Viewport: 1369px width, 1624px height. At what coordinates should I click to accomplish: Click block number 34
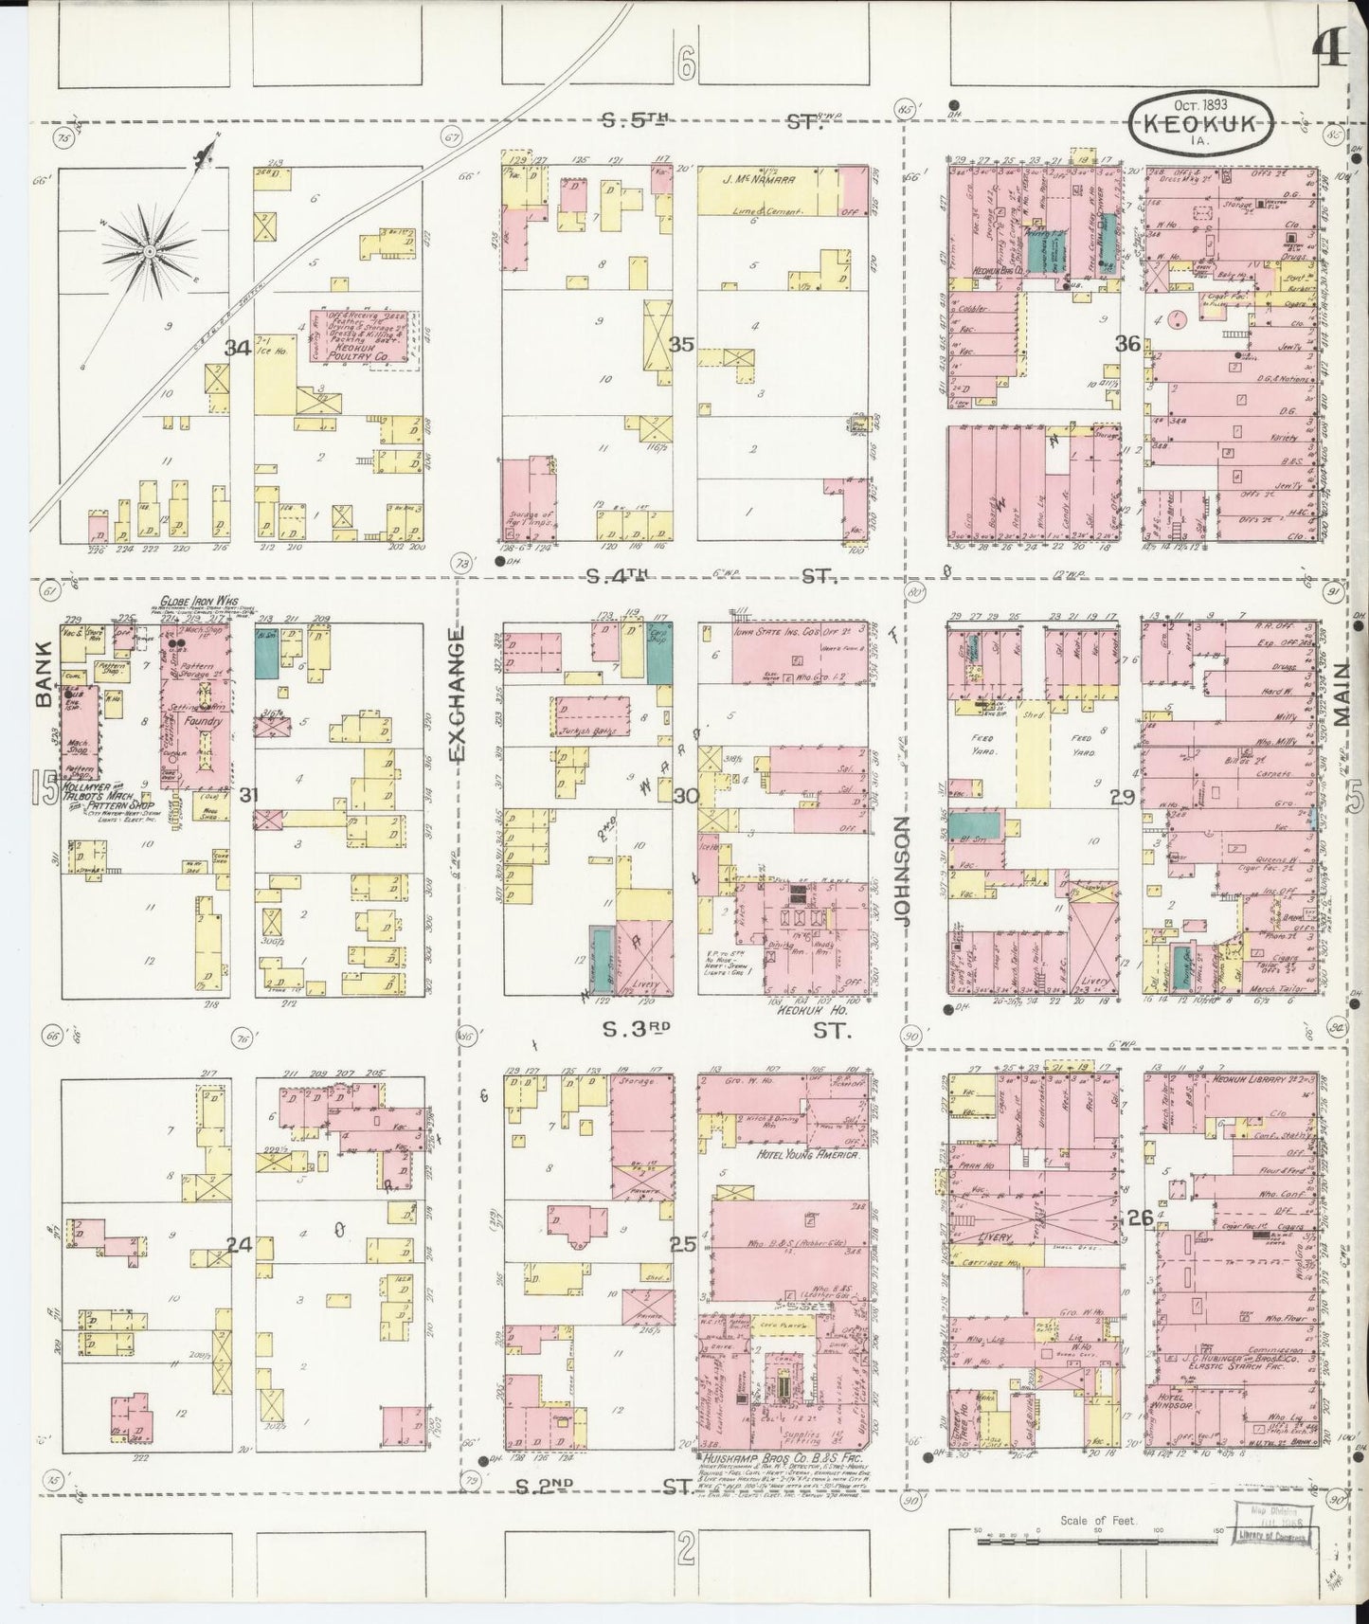[x=237, y=349]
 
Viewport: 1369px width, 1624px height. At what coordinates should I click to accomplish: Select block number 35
[x=681, y=344]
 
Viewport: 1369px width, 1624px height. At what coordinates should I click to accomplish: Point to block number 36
[x=1126, y=344]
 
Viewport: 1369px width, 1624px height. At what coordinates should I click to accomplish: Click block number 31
[x=248, y=794]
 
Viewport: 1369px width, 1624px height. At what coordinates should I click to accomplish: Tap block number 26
[x=1140, y=1218]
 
